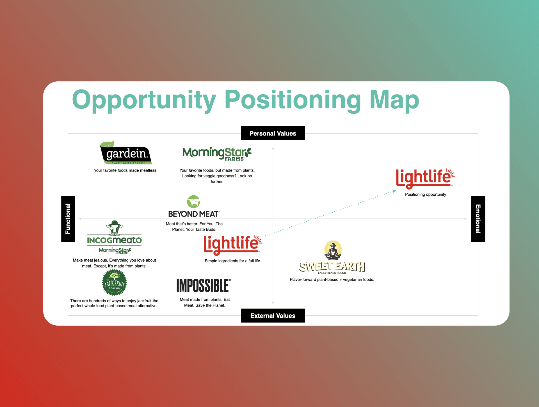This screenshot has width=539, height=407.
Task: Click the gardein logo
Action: (x=126, y=152)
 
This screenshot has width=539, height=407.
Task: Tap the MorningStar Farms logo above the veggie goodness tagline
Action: (x=217, y=154)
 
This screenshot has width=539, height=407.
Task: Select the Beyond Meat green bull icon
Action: (x=193, y=202)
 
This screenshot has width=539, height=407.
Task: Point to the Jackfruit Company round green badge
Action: (x=114, y=282)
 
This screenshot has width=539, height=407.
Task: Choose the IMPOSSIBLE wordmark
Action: (x=204, y=285)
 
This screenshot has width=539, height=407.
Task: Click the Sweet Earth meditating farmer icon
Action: (x=333, y=250)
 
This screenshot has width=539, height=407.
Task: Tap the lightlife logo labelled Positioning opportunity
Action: (x=425, y=178)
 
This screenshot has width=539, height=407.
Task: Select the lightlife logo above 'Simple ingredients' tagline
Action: (x=233, y=244)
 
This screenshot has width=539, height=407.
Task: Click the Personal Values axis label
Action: (x=273, y=133)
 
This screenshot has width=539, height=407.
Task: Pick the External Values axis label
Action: (x=273, y=315)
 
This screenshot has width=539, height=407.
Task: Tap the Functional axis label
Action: (x=68, y=219)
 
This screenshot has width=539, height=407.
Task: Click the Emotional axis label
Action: (x=478, y=219)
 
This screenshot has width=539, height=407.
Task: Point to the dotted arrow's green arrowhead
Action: (x=394, y=191)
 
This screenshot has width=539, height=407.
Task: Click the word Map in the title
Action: (x=394, y=100)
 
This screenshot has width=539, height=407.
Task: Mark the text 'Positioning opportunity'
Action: (x=425, y=194)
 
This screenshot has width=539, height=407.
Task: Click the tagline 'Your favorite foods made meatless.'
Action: (x=125, y=170)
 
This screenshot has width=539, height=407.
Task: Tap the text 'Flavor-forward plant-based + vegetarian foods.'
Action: (x=332, y=280)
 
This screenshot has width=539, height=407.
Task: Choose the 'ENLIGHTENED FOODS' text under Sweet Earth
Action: (x=332, y=273)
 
